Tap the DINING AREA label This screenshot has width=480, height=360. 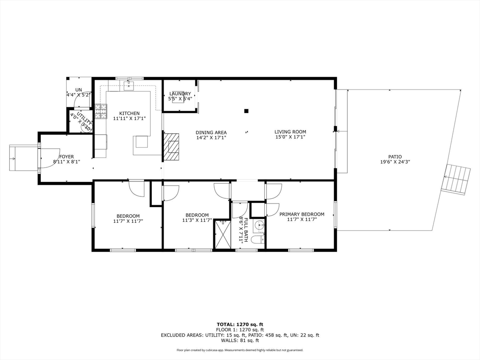(211, 133)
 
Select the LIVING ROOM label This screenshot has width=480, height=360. (290, 132)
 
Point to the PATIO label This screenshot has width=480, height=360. (395, 157)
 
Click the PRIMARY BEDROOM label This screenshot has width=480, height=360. (302, 214)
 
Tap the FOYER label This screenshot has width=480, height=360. (67, 157)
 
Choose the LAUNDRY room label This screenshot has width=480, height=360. (180, 94)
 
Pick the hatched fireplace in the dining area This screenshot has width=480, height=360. (172, 147)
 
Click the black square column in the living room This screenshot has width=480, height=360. (246, 111)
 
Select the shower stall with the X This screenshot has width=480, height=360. (223, 234)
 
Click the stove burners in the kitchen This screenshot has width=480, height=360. (101, 112)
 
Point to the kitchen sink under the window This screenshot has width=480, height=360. (129, 86)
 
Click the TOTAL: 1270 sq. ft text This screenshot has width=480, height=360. (240, 324)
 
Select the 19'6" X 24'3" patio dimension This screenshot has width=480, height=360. (395, 162)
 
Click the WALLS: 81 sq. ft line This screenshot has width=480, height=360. (240, 340)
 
